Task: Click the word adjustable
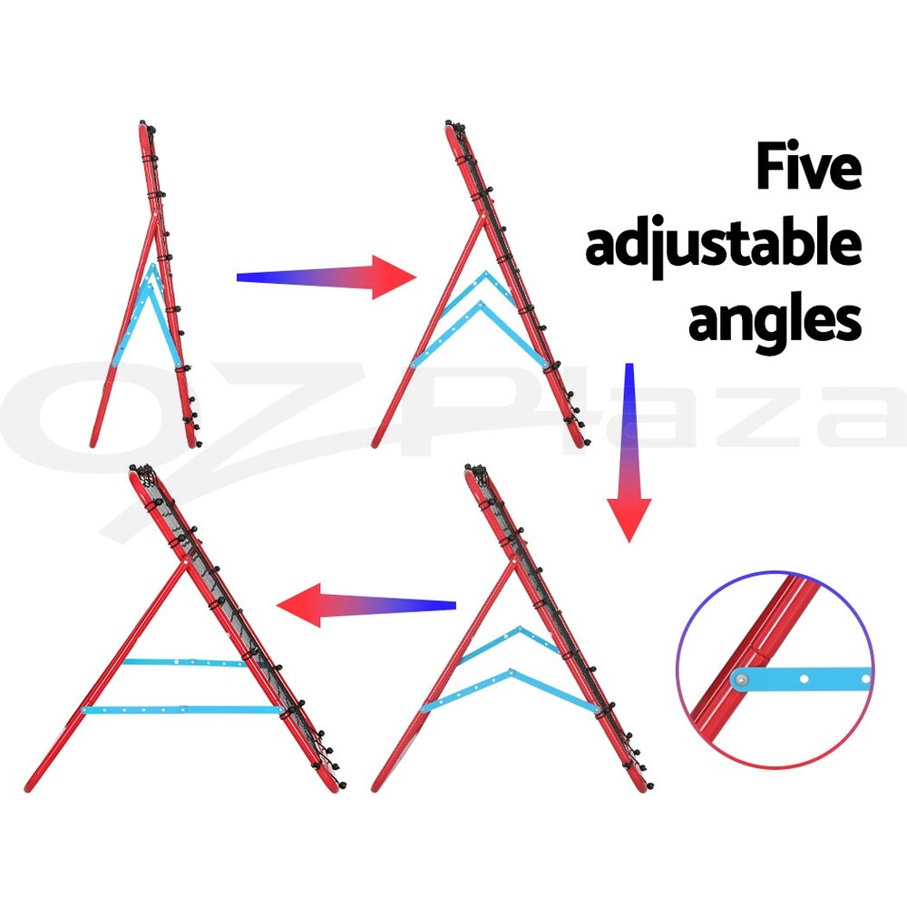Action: (723, 244)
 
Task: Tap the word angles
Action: (775, 319)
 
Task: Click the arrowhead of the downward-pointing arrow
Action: (629, 517)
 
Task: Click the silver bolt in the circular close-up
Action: (743, 678)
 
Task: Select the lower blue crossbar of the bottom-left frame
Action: (181, 709)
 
